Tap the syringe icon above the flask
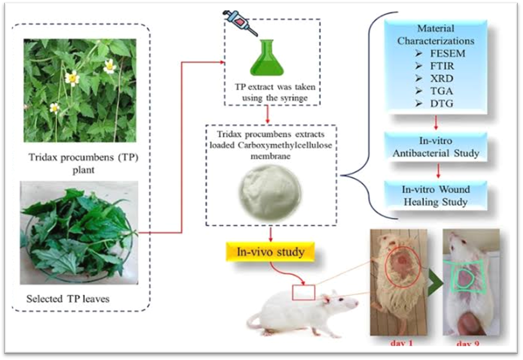[239, 22]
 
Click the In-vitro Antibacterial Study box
[435, 148]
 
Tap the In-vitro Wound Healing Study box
[435, 195]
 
